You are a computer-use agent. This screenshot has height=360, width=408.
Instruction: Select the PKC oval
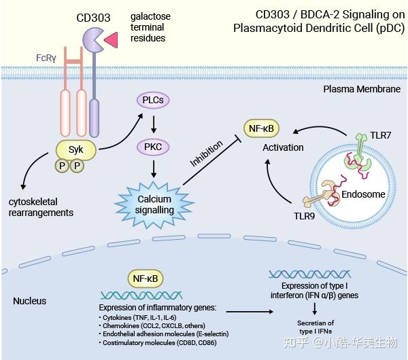154,147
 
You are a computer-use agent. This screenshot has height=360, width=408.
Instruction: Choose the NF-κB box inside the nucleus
146,276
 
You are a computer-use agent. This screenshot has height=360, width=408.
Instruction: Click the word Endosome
362,194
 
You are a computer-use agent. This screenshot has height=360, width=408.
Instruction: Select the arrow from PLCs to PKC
154,124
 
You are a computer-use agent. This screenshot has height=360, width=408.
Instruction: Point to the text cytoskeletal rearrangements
40,207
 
